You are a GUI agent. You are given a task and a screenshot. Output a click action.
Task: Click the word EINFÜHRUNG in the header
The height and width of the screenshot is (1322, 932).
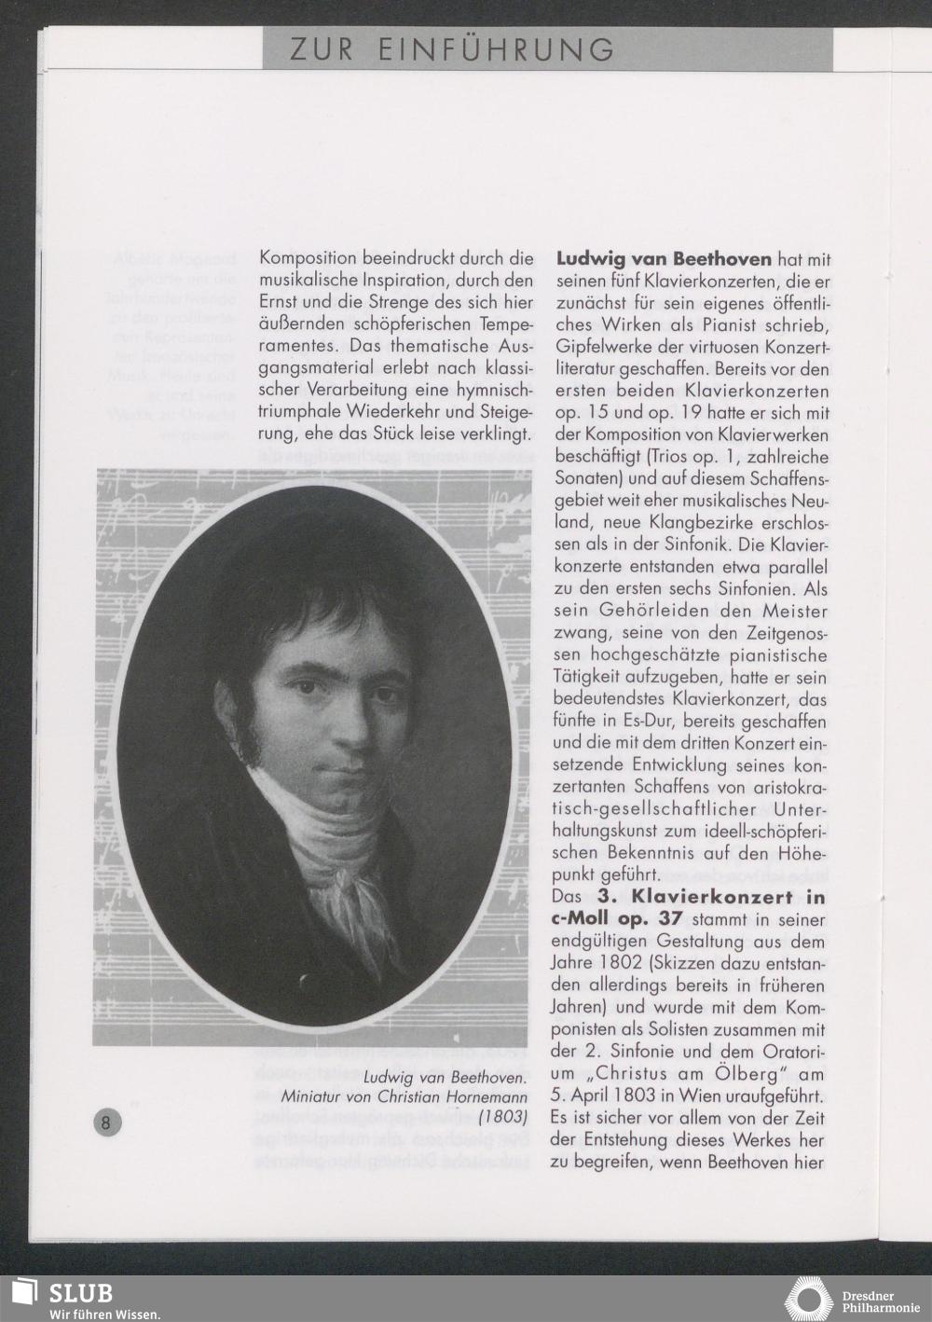pyautogui.click(x=496, y=49)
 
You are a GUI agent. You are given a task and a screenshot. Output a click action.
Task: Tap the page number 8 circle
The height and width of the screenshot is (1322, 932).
pyautogui.click(x=105, y=1122)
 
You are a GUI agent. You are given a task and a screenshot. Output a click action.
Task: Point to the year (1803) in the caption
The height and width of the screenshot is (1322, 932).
pyautogui.click(x=503, y=1115)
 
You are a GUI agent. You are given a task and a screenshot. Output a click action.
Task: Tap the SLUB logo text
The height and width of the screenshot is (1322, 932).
pyautogui.click(x=81, y=1293)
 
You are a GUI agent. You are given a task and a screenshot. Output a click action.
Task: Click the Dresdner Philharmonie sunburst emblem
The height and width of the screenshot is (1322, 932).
pyautogui.click(x=811, y=1300)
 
